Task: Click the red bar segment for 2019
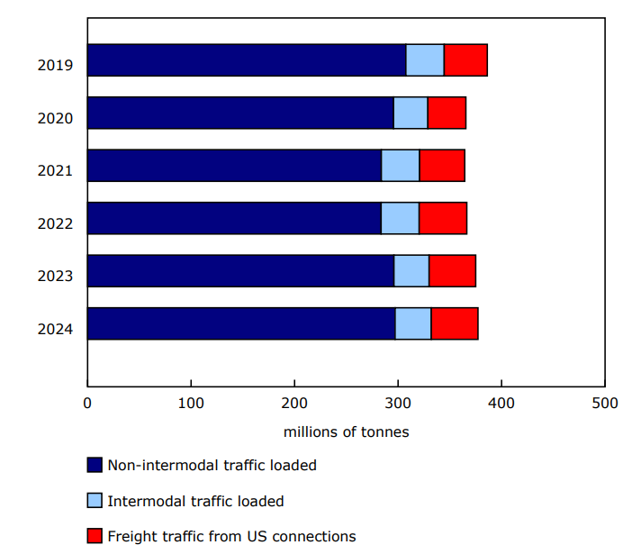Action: tap(465, 59)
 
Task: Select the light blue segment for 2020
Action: tap(411, 113)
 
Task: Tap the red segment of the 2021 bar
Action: tap(442, 166)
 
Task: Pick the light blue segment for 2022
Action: tap(400, 218)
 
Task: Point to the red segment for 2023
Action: tap(452, 270)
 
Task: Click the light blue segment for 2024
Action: tap(413, 323)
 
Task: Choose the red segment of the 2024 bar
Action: tap(455, 323)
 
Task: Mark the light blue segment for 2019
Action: tap(425, 59)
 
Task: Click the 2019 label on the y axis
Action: tap(55, 65)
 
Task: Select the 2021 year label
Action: tap(55, 170)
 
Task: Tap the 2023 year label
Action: tap(55, 276)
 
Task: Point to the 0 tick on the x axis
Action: tap(87, 403)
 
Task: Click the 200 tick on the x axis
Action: tap(294, 403)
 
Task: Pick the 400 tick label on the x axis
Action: tap(501, 403)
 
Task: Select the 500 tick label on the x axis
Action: tap(604, 403)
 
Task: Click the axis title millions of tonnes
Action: tap(346, 431)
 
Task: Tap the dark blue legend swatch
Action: tap(95, 465)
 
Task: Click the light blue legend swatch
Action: tap(95, 501)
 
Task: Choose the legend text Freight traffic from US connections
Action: tap(231, 536)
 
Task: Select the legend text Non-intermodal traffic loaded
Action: tap(212, 466)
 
